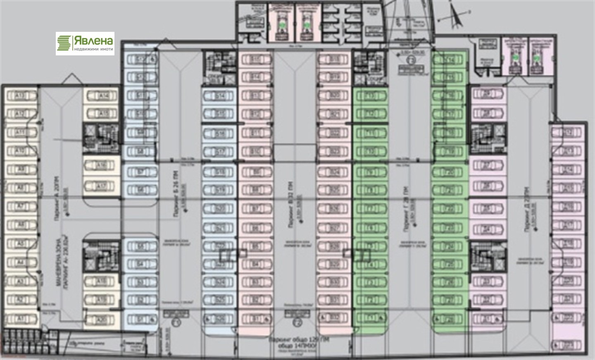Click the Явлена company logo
85,43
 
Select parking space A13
19,96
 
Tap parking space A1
19,319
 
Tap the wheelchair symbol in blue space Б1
153,319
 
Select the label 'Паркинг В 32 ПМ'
291,205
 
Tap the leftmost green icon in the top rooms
281,25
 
